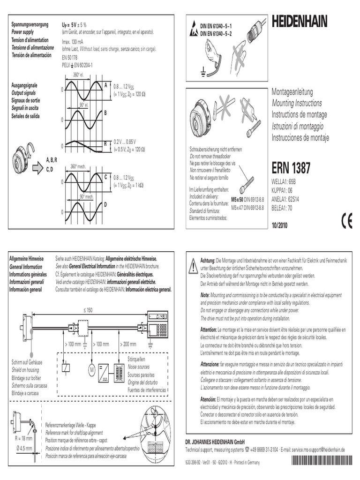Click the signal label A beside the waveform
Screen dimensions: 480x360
coord(105,85)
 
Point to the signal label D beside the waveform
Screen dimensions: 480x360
coord(105,204)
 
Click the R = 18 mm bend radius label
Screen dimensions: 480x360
coord(22,438)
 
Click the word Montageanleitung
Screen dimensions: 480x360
coord(292,92)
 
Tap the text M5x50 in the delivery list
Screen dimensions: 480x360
coord(238,199)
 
